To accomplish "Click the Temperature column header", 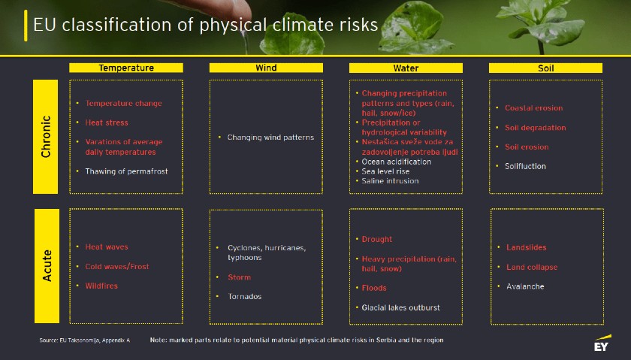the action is coord(126,68).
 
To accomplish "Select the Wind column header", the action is coord(266,68).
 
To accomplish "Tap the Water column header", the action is coord(406,68).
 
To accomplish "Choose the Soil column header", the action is coord(545,68).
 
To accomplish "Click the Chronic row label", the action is coord(46,137).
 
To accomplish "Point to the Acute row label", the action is coord(47,266).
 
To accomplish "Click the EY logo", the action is coord(602,343).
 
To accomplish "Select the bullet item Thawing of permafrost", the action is coord(126,171).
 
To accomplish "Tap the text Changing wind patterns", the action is coord(270,138).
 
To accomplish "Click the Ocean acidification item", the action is coord(397,162).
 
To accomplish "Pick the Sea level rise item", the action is coord(385,171).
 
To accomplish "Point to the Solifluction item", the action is coord(525,166).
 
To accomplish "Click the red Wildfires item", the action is coord(101,286).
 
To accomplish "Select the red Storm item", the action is coord(239,277).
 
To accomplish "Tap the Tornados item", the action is coord(245,296).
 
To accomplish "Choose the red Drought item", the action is coord(376,239).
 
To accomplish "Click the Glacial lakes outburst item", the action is coord(401,307).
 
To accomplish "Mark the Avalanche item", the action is coord(525,286).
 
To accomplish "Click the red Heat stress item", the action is coord(107,123).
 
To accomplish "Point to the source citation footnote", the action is coord(84,340).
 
